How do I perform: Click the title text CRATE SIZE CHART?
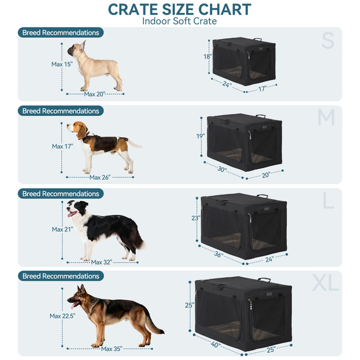pos(179,10)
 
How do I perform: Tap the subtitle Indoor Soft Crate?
pos(179,21)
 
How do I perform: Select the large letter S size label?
pos(327,40)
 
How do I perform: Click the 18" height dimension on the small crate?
pos(207,57)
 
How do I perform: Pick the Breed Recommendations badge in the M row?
pos(61,111)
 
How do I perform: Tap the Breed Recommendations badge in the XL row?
pos(61,276)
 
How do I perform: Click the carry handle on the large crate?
pos(262,196)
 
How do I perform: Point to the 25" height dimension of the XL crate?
pos(190,305)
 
